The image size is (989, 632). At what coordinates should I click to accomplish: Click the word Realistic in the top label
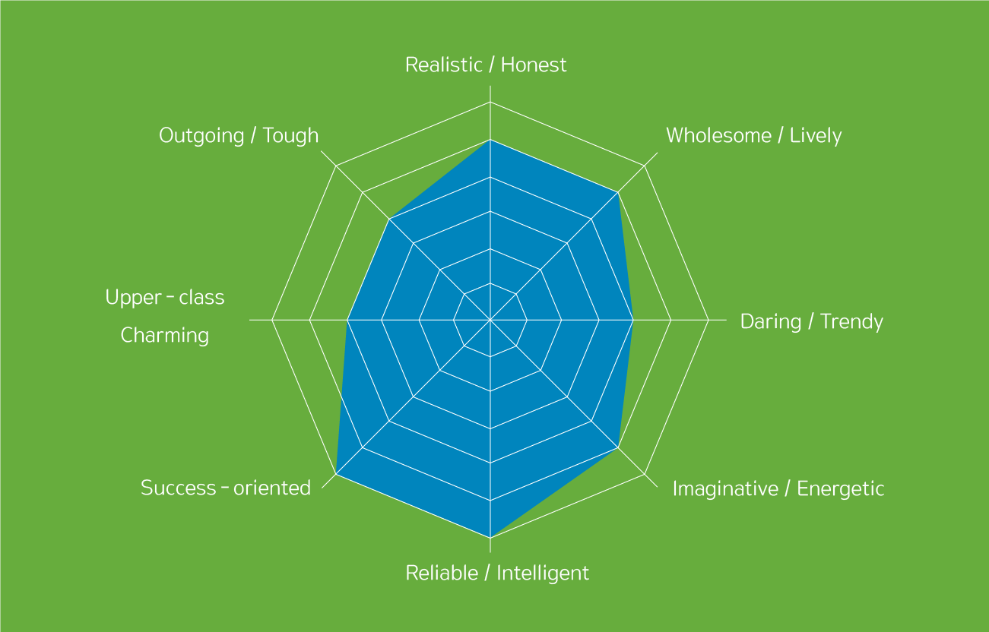pos(444,65)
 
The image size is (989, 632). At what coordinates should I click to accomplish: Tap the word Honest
pos(534,65)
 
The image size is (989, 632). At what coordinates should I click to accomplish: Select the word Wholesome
pos(719,135)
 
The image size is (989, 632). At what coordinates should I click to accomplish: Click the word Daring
pos(771,322)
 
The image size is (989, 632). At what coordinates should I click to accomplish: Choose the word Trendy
pos(851,322)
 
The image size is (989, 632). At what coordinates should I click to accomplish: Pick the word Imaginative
pos(725,489)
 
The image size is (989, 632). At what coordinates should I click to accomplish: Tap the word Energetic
pos(841,489)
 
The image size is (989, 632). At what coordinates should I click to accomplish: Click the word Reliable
pos(442,574)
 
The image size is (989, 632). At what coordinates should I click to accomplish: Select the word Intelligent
pos(543,574)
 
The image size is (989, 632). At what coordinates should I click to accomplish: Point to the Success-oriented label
pos(226,488)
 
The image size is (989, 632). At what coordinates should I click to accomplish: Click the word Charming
pos(165,336)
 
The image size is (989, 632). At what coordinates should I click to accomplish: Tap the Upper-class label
pos(165,298)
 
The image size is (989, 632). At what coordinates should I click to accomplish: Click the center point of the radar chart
pos(490,320)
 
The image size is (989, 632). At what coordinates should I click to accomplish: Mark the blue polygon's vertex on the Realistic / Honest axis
pos(490,140)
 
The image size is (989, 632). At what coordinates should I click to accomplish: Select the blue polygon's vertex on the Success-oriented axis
pos(337,474)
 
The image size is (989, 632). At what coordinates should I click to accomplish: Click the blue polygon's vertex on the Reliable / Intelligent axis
pos(490,538)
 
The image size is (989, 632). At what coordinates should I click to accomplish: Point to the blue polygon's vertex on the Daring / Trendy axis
pos(633,320)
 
